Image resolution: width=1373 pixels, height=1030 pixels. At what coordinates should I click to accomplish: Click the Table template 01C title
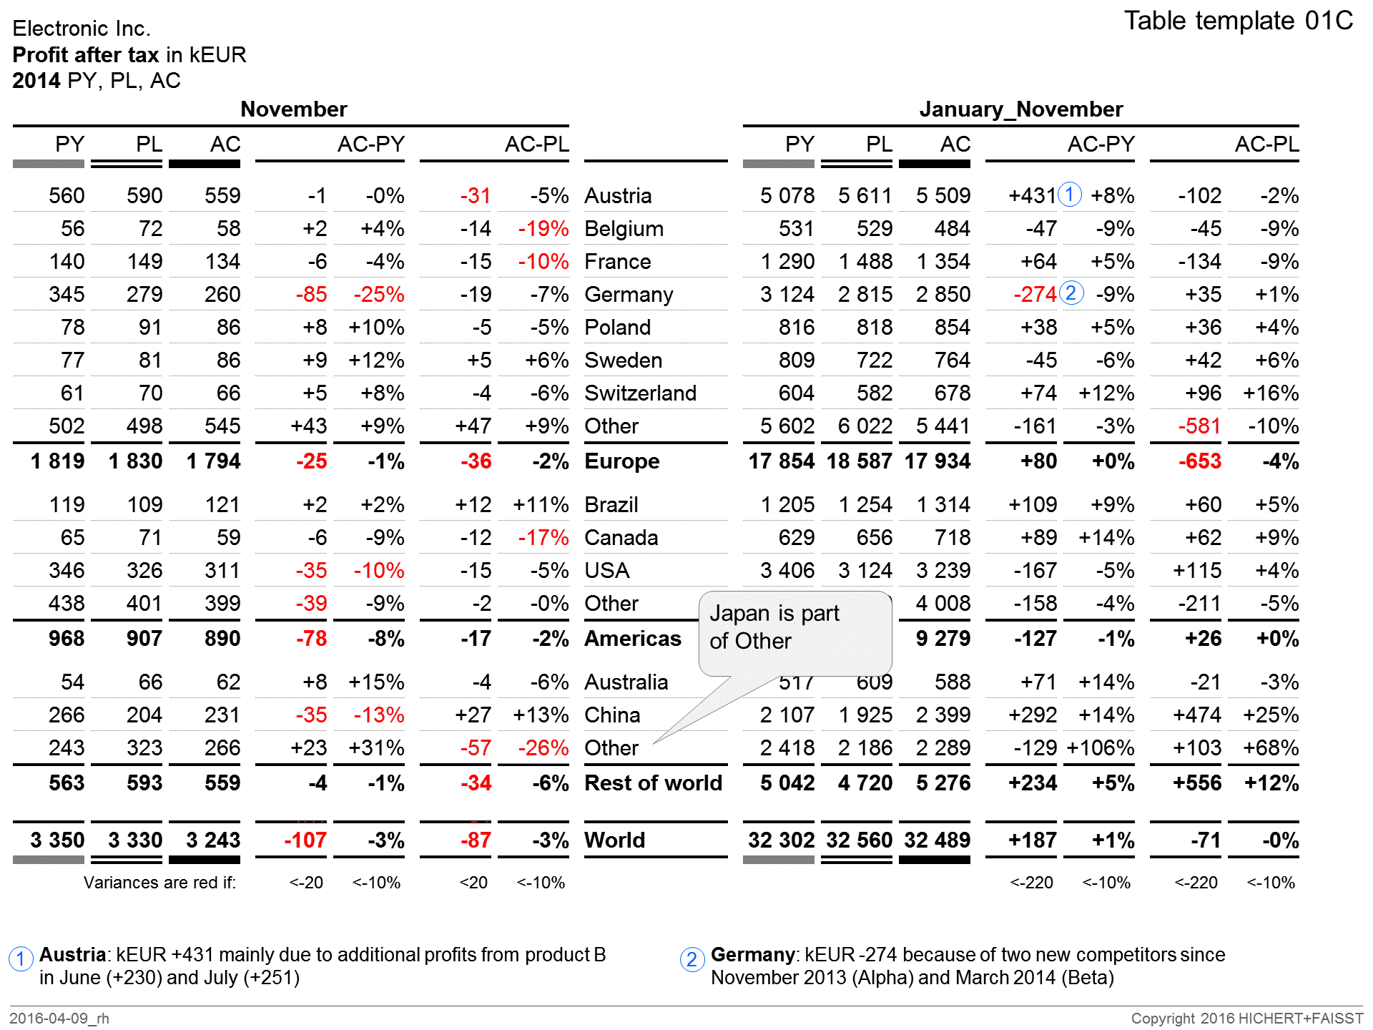coord(1238,21)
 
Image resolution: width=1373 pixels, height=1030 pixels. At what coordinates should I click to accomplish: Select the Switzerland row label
coord(640,393)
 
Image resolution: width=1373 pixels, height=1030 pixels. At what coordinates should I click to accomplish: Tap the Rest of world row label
coord(653,783)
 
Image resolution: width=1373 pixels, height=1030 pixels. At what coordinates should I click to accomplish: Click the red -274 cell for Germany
coord(1035,295)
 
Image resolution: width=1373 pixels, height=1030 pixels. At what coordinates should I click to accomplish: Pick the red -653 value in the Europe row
coord(1199,461)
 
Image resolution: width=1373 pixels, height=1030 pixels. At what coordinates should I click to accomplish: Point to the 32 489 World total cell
coord(937,840)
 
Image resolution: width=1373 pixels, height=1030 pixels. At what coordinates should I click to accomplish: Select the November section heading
coord(293,109)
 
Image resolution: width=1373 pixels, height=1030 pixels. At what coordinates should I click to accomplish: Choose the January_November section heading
coord(1020,109)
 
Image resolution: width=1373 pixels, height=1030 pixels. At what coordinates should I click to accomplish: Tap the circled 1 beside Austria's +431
coord(1070,195)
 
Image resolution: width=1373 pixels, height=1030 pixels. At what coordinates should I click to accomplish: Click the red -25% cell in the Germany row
coord(378,295)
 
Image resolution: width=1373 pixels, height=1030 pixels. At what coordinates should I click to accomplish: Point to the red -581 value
coord(1199,426)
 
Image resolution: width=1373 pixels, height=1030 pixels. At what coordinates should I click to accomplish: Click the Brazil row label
coord(611,505)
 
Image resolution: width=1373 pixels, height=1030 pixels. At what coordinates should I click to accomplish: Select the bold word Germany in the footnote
coord(752,955)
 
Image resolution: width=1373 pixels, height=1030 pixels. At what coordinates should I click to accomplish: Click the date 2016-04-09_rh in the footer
coord(59,1019)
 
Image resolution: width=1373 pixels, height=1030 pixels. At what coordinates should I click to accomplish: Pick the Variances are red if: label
coord(159,883)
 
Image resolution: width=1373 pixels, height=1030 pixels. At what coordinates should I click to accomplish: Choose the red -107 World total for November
coord(305,840)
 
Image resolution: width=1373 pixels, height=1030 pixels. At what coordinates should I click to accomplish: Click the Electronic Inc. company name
coord(82,29)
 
